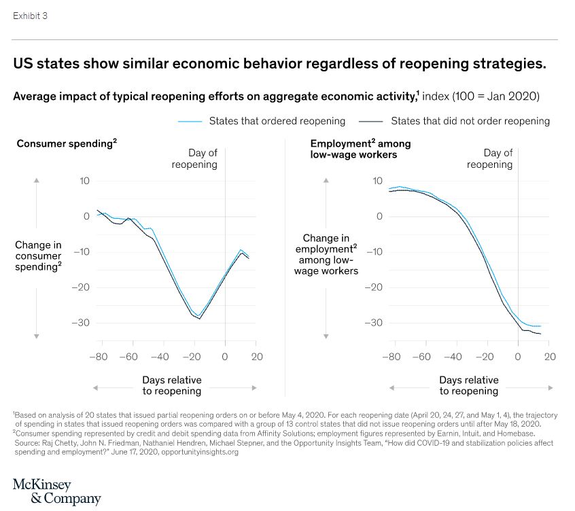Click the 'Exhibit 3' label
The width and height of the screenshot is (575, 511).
[30, 16]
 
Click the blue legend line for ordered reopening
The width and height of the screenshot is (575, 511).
[190, 121]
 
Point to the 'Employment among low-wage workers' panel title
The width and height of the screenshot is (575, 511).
[360, 149]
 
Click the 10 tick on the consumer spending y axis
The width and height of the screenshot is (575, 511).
[85, 181]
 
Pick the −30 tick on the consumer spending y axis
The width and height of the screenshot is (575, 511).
[81, 323]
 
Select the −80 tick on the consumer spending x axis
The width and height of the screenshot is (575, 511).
[98, 356]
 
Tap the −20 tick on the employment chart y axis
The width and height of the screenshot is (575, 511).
[374, 287]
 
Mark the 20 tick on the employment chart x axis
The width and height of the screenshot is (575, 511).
[550, 356]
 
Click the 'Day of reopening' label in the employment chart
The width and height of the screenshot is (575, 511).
[489, 158]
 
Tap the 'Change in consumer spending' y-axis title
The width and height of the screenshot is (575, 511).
[38, 255]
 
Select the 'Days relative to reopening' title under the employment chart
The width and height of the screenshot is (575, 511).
[468, 385]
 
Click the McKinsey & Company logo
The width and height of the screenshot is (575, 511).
[56, 491]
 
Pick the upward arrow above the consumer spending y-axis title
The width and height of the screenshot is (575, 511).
[37, 181]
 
